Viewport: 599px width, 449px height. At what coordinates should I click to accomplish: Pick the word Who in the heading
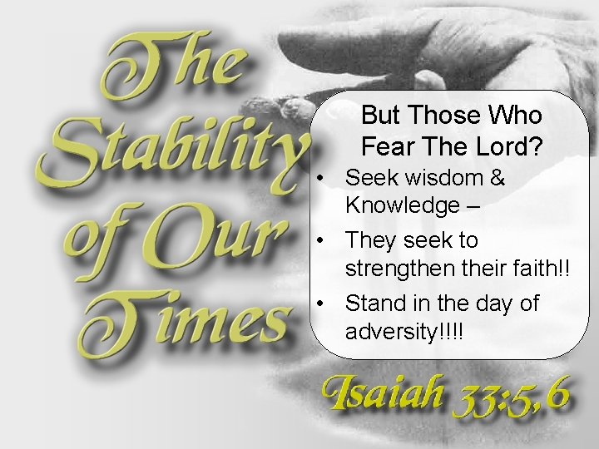tap(516, 116)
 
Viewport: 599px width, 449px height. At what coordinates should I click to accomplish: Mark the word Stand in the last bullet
tap(370, 303)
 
